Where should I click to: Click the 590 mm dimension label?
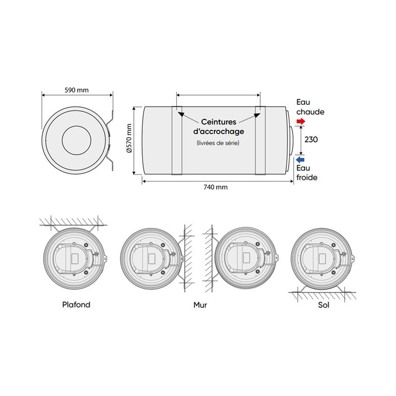click(x=76, y=90)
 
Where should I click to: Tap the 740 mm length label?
click(x=215, y=187)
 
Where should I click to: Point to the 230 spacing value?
click(x=311, y=140)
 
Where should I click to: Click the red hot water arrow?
click(x=301, y=122)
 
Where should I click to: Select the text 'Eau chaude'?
click(x=310, y=107)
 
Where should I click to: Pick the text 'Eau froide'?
click(x=307, y=173)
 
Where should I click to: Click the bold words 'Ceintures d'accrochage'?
click(x=219, y=126)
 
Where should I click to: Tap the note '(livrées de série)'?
click(x=218, y=143)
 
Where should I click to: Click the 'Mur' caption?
click(x=200, y=305)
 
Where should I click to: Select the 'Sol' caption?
click(x=324, y=305)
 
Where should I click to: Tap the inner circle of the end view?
click(x=76, y=140)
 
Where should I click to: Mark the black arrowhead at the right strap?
click(x=257, y=115)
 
